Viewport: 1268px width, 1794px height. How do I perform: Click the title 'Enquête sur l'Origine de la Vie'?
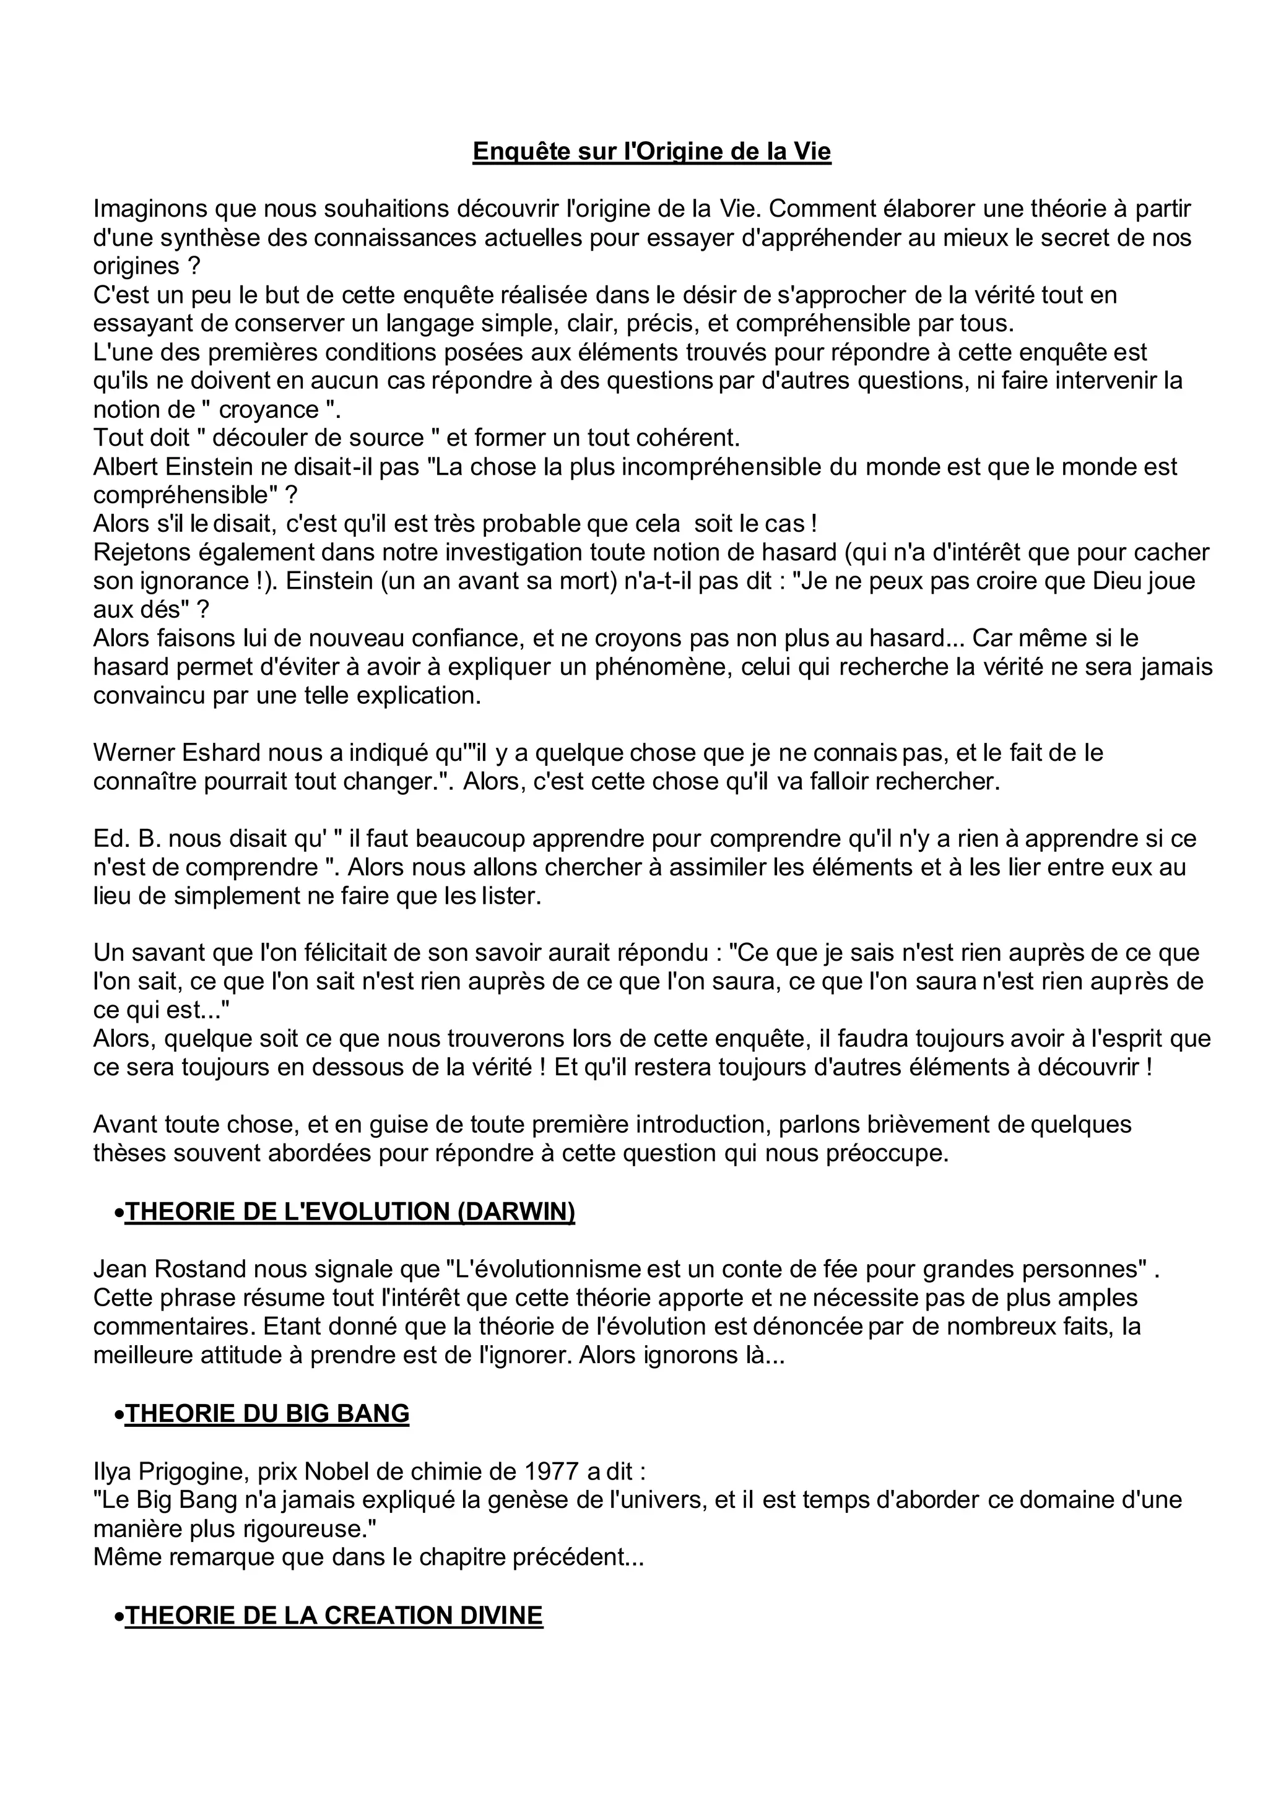pyautogui.click(x=651, y=152)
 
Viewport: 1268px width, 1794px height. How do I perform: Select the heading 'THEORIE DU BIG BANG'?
pyautogui.click(x=267, y=1413)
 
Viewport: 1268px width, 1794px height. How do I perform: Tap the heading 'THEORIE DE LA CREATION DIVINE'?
pyautogui.click(x=334, y=1615)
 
